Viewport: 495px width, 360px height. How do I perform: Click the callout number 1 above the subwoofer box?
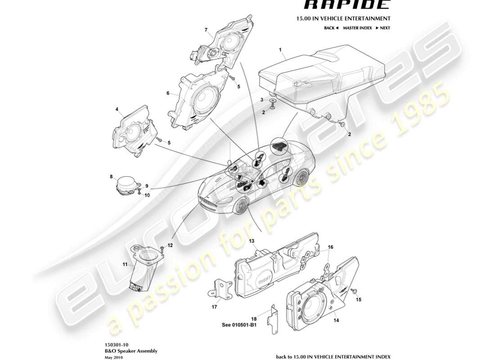coord(280,49)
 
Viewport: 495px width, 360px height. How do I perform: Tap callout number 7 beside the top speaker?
coord(206,30)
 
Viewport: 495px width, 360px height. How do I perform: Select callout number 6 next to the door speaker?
coord(168,94)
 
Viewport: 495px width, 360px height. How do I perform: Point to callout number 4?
coord(117,109)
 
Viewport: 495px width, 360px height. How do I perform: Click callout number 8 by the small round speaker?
coord(111,177)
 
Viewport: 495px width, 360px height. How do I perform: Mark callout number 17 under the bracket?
coord(215,307)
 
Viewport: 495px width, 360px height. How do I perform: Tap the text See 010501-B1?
coord(239,325)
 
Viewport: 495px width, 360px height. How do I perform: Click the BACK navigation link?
coord(331,28)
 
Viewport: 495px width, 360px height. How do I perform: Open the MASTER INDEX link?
coord(357,28)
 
